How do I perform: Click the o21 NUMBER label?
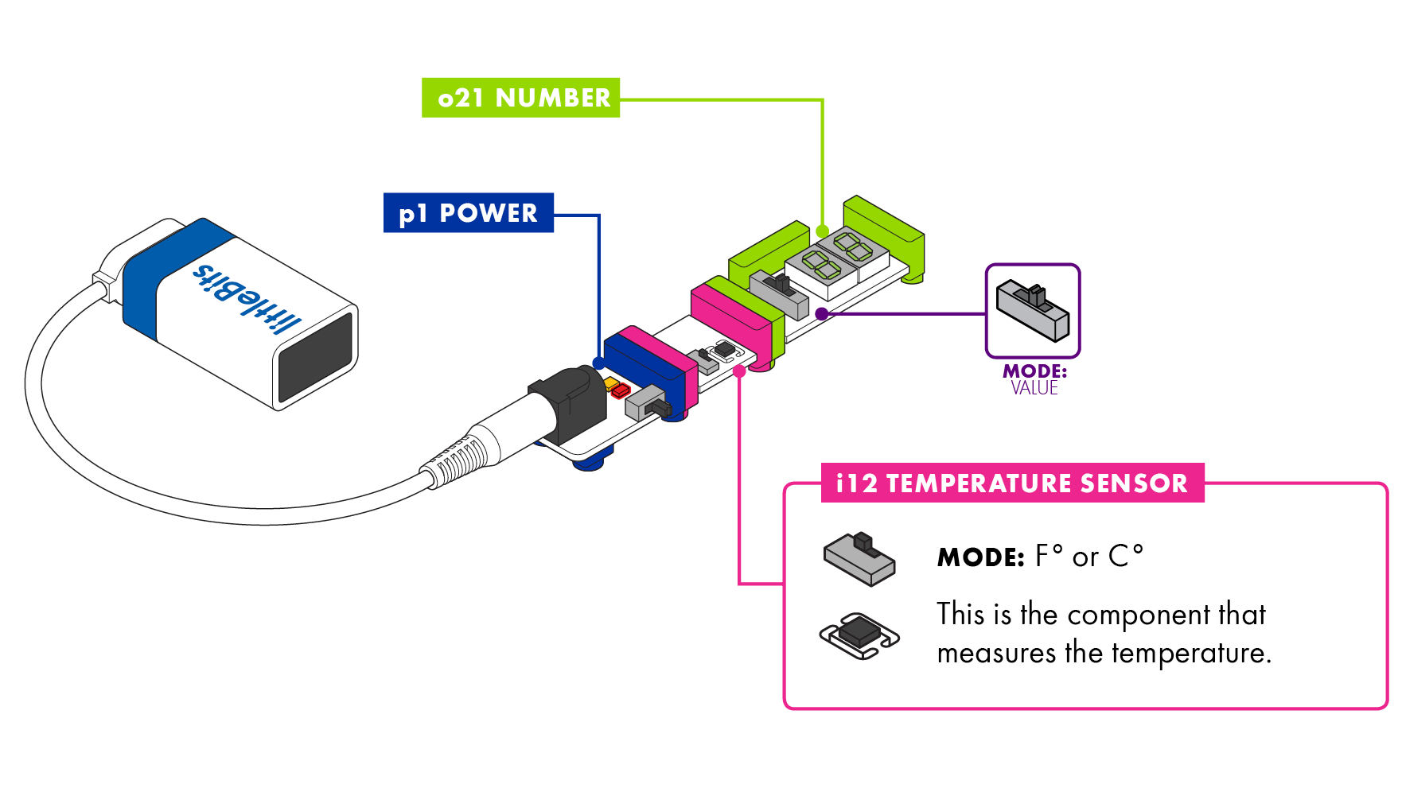[x=520, y=98]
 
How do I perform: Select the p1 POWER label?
[x=469, y=213]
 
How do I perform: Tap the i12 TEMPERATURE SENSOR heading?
[x=1012, y=483]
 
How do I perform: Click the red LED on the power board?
[x=621, y=390]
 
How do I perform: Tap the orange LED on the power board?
[x=611, y=383]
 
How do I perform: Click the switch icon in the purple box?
[x=1033, y=309]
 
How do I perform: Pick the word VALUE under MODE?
[x=1034, y=388]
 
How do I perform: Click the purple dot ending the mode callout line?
[x=822, y=314]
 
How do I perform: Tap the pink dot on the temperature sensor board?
[x=739, y=371]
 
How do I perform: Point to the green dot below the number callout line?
[x=823, y=231]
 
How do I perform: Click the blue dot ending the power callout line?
[x=599, y=363]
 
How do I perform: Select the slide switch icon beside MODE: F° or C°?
[x=859, y=559]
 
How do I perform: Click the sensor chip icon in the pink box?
[x=859, y=635]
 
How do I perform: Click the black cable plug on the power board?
[x=567, y=406]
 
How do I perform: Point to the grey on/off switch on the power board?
[x=648, y=404]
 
